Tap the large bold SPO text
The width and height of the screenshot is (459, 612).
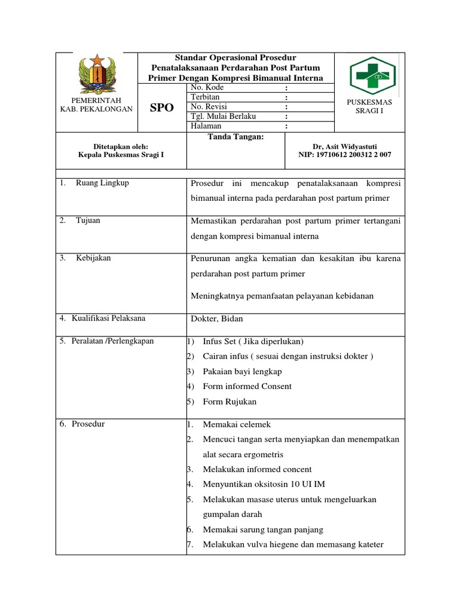pos(161,108)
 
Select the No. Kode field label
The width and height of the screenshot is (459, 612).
pos(207,88)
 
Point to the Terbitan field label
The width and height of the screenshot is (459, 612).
pos(206,97)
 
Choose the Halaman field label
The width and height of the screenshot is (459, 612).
pos(206,126)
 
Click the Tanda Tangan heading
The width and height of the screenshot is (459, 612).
pos(227,137)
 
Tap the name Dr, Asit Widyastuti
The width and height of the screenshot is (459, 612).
pos(345,146)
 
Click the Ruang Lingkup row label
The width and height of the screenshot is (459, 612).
pos(102,183)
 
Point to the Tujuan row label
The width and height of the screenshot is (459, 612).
pos(88,221)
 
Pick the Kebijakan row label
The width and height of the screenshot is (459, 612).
pos(93,258)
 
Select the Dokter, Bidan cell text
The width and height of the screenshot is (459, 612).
pos(216,319)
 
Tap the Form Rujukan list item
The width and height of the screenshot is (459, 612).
pos(229,402)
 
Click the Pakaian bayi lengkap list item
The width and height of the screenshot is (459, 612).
pos(242,371)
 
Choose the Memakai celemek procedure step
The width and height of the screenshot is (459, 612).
pos(237,424)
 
